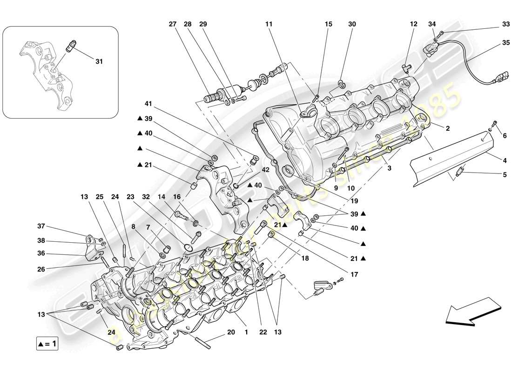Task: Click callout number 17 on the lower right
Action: (355, 275)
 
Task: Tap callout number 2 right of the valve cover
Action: (448, 128)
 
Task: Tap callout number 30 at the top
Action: (352, 25)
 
